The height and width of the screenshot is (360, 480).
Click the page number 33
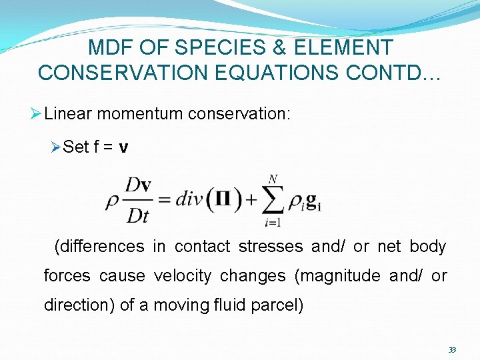tap(452, 349)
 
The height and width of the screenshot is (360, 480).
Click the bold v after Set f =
tap(123, 147)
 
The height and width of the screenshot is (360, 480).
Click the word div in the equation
tap(189, 199)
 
